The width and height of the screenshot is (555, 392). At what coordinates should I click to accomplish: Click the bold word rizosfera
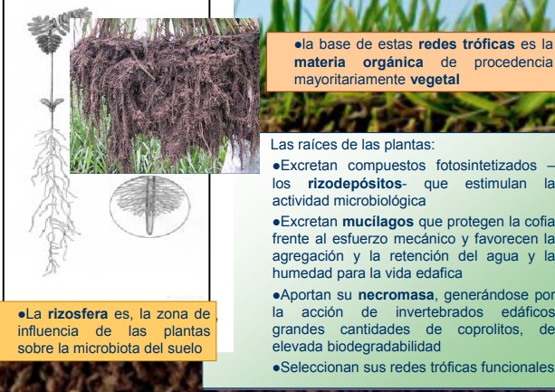coord(78,314)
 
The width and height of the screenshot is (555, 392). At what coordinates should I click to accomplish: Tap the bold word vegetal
coord(435,80)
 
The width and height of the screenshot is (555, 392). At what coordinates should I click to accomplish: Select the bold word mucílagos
coord(378,222)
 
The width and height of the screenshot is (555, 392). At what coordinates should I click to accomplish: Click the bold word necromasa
coord(396,295)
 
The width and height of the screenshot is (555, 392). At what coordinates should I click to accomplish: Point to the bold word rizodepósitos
coord(355,184)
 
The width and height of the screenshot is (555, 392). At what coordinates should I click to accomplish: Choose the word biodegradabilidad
coord(384,347)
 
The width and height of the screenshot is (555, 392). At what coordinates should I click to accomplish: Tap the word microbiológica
coord(379,201)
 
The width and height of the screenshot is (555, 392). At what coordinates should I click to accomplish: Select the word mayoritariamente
coord(349,80)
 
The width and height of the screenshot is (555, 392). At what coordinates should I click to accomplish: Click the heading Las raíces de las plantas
coord(352,144)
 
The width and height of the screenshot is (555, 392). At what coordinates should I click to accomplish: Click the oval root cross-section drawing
coord(149,206)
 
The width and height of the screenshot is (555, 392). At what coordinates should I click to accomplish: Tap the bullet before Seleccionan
coord(276,368)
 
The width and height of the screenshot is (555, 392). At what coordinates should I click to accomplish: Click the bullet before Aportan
coord(276,295)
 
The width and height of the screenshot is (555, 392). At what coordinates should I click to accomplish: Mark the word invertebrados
coord(439,312)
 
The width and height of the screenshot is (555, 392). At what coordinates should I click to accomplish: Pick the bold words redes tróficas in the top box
coord(466,44)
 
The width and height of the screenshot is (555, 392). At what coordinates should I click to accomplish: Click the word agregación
coord(308,256)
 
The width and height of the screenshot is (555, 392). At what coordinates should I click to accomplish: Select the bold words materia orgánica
coord(359,62)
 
